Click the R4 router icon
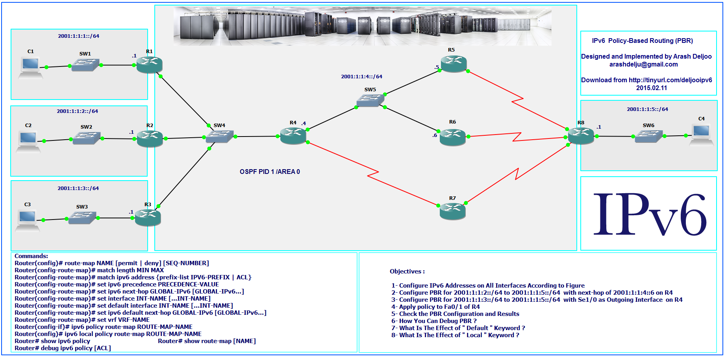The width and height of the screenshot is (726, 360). tap(293, 136)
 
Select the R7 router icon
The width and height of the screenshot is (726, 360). tap(452, 211)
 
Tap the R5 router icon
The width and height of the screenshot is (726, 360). tap(454, 64)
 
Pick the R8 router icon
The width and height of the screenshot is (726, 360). tap(581, 136)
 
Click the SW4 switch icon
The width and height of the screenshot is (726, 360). tap(219, 136)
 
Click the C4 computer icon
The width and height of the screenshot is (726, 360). tap(701, 135)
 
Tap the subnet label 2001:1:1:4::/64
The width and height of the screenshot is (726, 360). tap(361, 77)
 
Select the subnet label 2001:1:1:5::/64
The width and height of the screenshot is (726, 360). tap(647, 109)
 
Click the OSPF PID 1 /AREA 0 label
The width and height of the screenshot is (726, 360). tap(270, 172)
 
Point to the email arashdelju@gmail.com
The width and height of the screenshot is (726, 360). tap(643, 65)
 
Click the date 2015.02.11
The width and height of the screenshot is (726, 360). tap(651, 88)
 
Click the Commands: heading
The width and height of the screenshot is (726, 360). tap(31, 256)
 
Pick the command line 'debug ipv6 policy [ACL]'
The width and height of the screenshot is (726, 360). tap(63, 348)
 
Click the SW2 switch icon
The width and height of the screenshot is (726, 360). tap(86, 138)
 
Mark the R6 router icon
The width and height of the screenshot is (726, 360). tap(452, 137)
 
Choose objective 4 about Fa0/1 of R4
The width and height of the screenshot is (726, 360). tap(435, 307)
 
